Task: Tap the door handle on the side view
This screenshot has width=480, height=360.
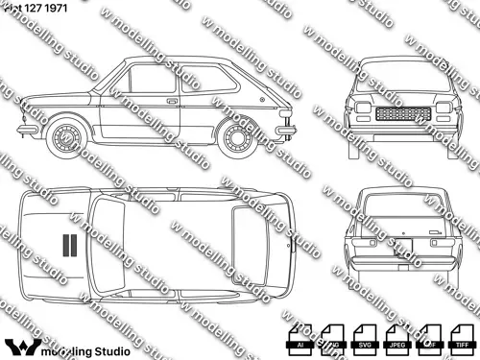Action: [x=171, y=99]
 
